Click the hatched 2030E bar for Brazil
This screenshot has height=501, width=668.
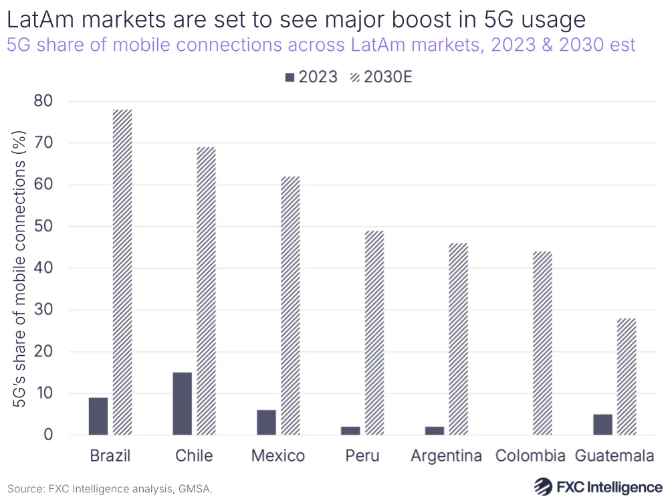122,272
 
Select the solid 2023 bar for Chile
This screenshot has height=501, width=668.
182,403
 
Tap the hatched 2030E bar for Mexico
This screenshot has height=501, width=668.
290,305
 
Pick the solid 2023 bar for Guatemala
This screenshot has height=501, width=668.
602,424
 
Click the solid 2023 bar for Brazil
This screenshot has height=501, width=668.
98,416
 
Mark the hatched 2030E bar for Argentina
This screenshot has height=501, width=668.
458,338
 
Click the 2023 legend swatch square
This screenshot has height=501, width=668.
290,77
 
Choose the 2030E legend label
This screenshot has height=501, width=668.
389,77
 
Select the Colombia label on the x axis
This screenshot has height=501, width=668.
530,456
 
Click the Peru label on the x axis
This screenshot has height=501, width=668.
362,456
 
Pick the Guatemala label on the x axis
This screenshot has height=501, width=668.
615,456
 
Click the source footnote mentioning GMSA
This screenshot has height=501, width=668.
110,489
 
